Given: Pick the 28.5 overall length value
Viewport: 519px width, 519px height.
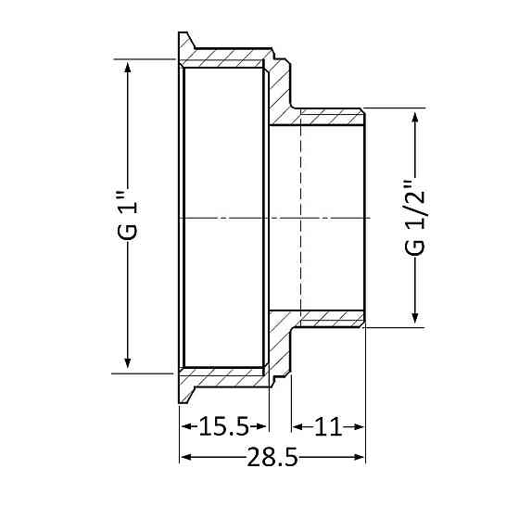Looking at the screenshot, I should point(272,457).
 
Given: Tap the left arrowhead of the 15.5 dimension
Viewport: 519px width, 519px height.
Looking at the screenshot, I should point(184,427).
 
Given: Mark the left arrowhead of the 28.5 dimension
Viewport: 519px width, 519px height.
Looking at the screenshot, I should point(184,457).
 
